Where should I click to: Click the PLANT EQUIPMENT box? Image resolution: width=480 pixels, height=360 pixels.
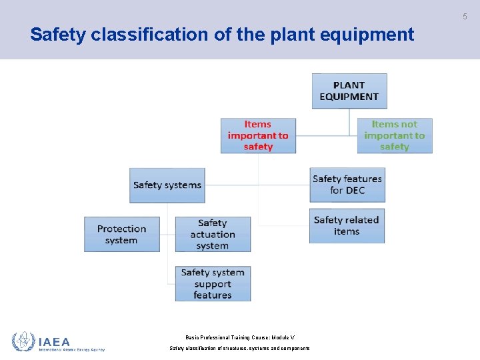click(x=349, y=91)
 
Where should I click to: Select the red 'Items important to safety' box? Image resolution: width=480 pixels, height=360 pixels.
click(x=258, y=135)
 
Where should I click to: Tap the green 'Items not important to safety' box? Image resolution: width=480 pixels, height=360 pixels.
click(x=394, y=135)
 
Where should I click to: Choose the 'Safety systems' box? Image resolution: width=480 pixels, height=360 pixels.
click(x=167, y=185)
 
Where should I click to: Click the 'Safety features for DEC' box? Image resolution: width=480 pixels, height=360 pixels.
click(x=347, y=185)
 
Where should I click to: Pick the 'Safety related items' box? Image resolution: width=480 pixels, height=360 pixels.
click(x=347, y=225)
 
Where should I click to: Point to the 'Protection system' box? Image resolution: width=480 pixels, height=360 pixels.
click(x=121, y=234)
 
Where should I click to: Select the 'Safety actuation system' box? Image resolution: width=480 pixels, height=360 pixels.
click(x=213, y=234)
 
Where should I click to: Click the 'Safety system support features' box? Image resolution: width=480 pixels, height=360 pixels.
click(x=213, y=283)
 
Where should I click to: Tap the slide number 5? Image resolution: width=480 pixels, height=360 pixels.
click(x=465, y=17)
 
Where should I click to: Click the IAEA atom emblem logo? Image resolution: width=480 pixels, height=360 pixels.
click(x=23, y=341)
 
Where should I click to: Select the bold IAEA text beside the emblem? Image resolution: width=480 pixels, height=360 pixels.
click(x=55, y=341)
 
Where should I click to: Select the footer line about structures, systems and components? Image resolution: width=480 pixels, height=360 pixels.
click(x=239, y=348)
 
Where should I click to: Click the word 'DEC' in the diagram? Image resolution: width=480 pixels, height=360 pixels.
click(x=355, y=191)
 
